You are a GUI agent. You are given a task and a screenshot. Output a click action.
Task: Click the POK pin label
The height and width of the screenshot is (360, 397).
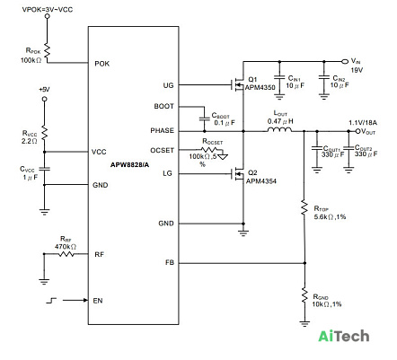[x=102, y=64]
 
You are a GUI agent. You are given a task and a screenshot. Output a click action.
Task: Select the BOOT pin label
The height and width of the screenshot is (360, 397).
[x=163, y=106]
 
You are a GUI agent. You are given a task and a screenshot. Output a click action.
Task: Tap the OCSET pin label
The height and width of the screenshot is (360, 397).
[x=162, y=150]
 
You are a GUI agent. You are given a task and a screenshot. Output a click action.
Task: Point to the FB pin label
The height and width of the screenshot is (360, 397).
[x=170, y=262]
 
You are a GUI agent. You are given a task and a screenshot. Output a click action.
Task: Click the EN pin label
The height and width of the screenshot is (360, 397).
[x=98, y=301]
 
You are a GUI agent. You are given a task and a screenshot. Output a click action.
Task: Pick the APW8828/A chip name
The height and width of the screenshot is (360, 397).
[x=129, y=165]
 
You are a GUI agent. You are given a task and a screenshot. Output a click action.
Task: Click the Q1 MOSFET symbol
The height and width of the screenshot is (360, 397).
[x=239, y=85]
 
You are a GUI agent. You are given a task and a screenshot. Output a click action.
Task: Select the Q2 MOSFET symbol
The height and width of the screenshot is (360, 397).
[x=239, y=173]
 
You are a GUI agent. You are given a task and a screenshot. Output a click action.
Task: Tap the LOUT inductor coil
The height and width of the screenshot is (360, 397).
[x=279, y=129]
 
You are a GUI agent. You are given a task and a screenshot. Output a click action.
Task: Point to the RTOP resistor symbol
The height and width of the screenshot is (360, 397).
[x=304, y=207]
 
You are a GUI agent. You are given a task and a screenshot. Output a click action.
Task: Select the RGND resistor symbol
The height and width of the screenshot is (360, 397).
[x=304, y=295]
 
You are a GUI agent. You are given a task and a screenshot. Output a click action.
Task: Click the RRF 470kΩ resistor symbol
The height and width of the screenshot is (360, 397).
[x=66, y=254]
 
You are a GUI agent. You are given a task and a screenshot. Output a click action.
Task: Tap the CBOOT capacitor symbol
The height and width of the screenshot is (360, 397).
[x=205, y=118]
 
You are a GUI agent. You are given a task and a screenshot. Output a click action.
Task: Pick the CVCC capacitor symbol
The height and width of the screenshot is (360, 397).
[x=44, y=169]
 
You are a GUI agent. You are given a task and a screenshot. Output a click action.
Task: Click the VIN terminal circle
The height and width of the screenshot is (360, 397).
[x=345, y=61]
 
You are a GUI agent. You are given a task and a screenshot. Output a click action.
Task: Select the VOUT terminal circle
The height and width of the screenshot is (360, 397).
[x=357, y=131]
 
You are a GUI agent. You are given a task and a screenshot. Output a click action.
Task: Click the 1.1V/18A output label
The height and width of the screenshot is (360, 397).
[x=363, y=123]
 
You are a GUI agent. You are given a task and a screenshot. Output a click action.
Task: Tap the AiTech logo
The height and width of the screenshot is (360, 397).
[x=343, y=336]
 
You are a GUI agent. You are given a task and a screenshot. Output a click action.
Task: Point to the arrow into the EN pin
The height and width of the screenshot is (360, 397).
[x=75, y=300]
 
